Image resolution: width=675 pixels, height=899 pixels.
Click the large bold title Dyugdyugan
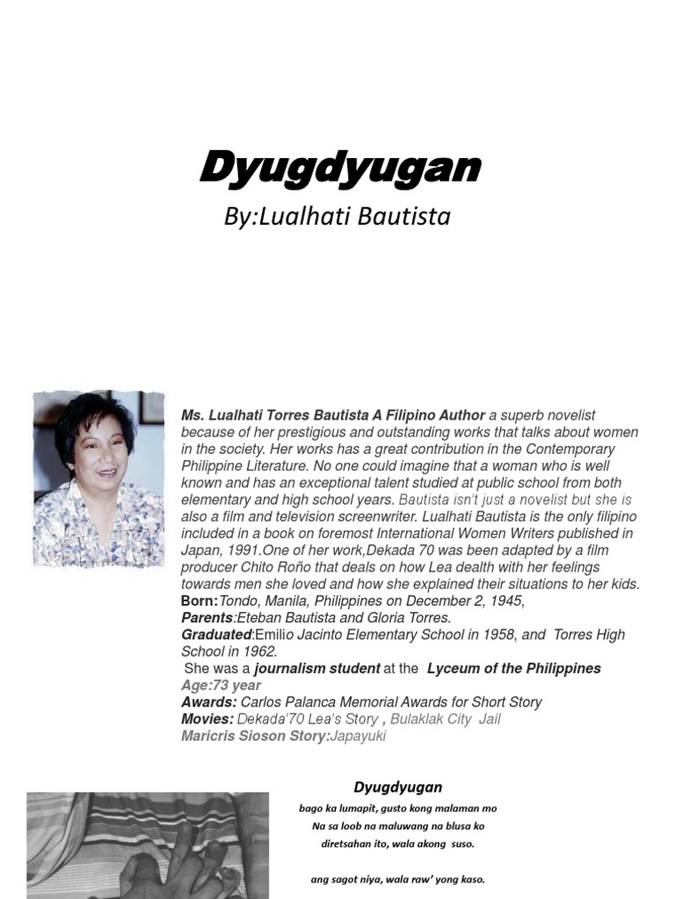339,168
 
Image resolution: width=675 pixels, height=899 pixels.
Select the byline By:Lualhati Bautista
337,216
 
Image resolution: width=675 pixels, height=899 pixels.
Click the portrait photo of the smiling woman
98,478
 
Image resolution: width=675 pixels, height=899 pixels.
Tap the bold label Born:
199,601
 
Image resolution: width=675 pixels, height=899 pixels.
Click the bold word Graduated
216,635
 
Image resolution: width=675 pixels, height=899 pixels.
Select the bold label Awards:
208,702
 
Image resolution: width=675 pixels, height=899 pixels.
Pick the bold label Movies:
207,719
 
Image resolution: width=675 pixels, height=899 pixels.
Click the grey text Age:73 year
221,685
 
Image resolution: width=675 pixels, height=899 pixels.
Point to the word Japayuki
358,736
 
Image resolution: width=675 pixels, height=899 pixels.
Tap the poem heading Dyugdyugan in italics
397,787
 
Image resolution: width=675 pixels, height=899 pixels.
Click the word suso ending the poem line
461,844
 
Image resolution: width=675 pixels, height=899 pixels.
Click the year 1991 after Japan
243,550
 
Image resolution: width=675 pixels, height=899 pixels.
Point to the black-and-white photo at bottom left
147,845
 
